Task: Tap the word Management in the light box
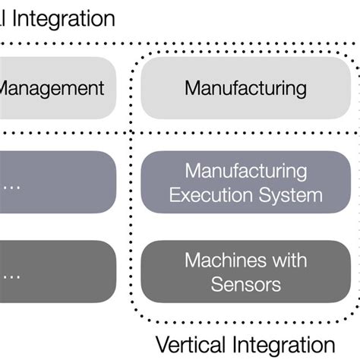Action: (52, 88)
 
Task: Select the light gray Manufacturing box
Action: (246, 88)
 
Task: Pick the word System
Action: (288, 194)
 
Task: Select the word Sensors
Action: (245, 285)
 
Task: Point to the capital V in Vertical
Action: (161, 343)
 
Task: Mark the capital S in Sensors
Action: (216, 285)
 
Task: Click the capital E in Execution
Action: (175, 194)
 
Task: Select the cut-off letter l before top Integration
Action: (3, 18)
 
